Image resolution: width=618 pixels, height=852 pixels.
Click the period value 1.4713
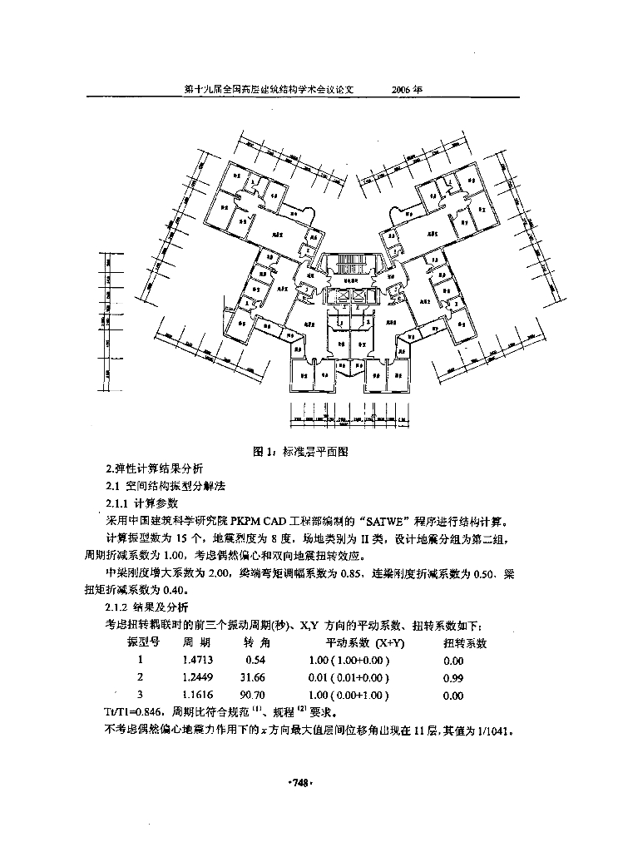[x=197, y=661]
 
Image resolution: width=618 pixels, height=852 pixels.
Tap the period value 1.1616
[x=197, y=695]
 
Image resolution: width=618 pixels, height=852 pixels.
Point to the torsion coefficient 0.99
[x=453, y=678]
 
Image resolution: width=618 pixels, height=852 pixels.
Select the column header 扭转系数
[x=465, y=643]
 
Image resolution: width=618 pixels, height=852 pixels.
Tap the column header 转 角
[x=257, y=643]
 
